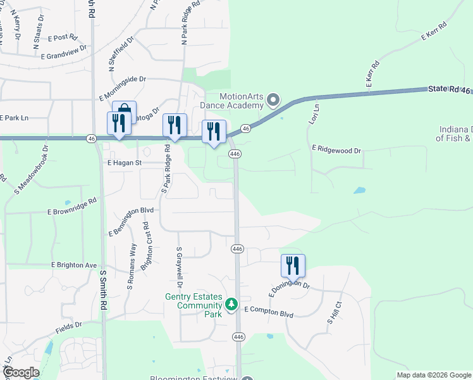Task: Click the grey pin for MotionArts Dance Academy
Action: click(273, 99)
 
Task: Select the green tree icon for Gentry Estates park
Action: click(231, 305)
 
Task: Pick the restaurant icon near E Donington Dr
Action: click(293, 265)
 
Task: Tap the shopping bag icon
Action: click(125, 110)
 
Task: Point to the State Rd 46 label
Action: click(450, 91)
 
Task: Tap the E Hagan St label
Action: click(123, 163)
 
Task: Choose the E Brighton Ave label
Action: click(74, 265)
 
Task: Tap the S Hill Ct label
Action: click(333, 313)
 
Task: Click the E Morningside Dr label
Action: click(123, 89)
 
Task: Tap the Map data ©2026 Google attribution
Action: click(433, 375)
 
